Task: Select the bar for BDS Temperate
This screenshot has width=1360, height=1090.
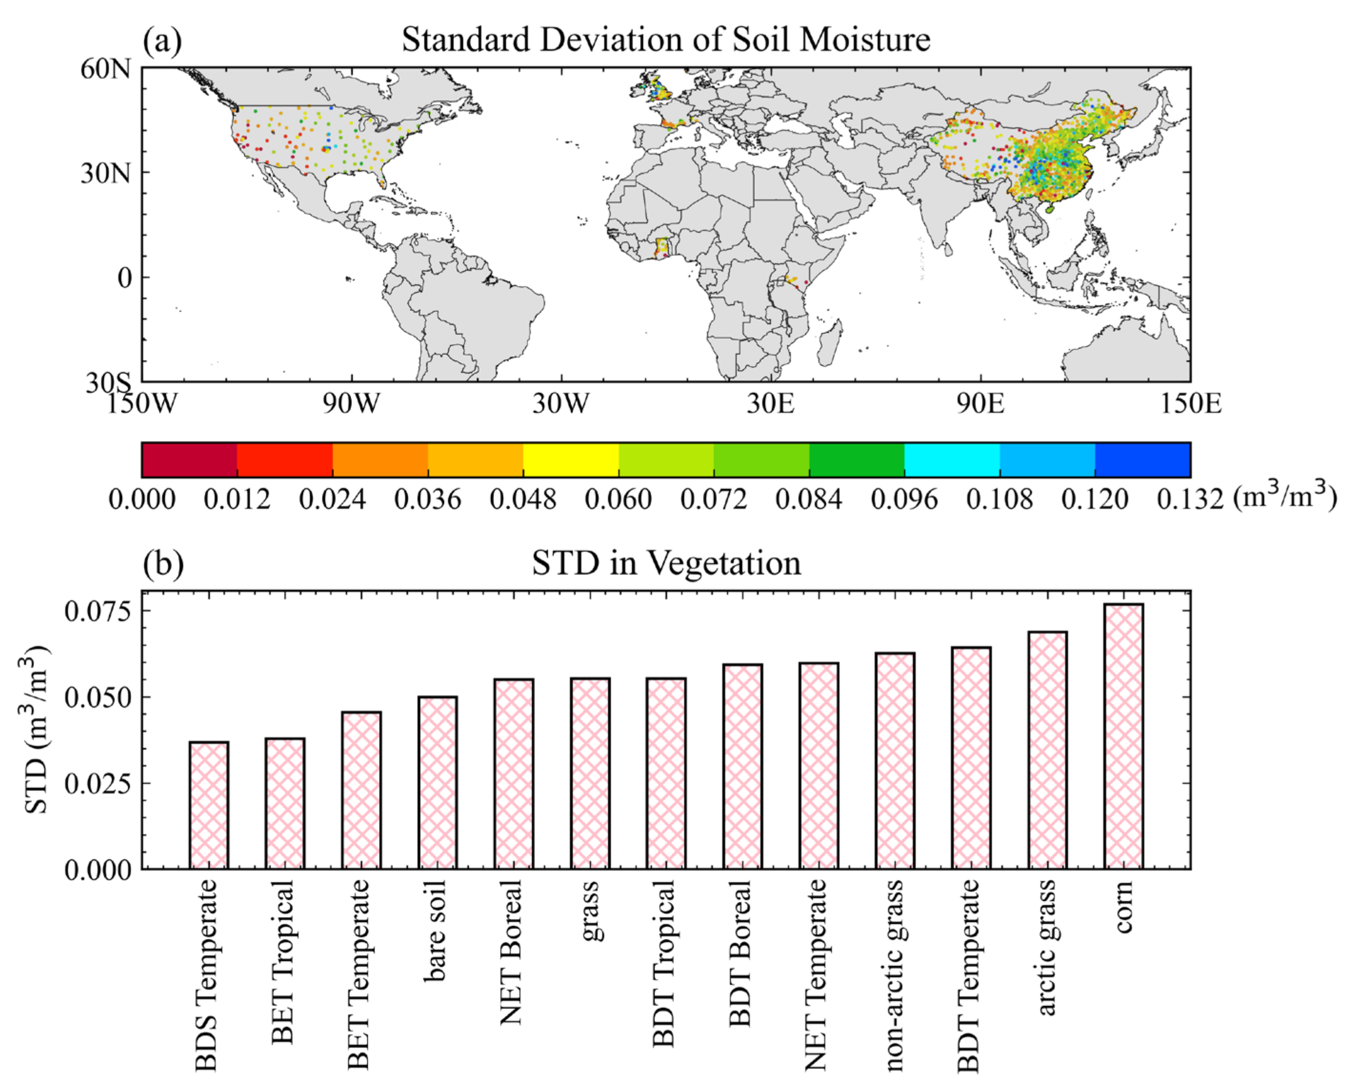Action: coord(209,806)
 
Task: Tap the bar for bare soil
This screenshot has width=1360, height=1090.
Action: coord(438,783)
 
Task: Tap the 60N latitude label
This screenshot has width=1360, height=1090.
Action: coord(105,68)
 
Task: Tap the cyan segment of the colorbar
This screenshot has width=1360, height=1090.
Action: coord(951,460)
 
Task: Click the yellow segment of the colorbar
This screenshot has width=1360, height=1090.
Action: coord(570,460)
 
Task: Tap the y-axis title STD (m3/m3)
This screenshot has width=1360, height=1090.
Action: coord(37,730)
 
